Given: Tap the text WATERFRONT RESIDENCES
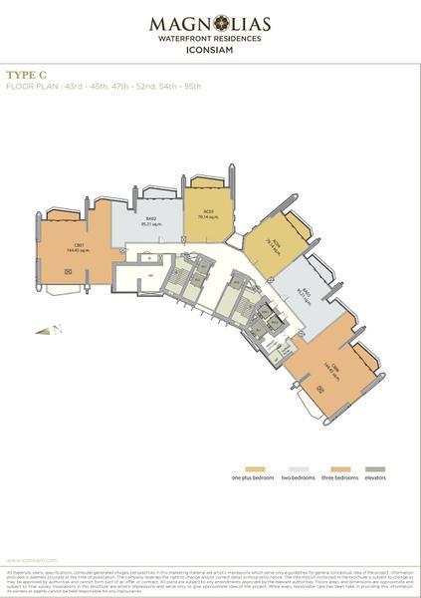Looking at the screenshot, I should [x=210, y=38].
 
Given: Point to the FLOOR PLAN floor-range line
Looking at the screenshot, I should [x=104, y=86].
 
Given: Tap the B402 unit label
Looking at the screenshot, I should [x=151, y=218].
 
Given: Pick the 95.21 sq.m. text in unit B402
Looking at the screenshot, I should [x=151, y=223].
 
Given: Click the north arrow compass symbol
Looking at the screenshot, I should [x=58, y=329].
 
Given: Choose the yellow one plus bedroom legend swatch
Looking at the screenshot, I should [x=260, y=469].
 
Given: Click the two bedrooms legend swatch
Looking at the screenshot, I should [x=298, y=469].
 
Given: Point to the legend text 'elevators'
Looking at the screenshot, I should [x=375, y=478].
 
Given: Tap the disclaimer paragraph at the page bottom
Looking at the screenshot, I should [x=210, y=582].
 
